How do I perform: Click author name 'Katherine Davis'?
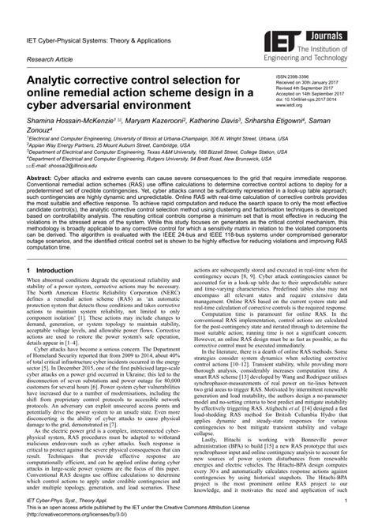tap(228, 125)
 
